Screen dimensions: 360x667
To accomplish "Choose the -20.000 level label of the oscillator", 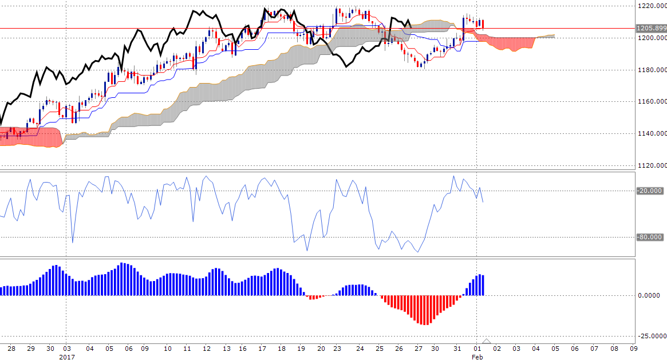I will tap(650, 191).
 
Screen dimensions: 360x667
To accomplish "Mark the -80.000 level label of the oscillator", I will tap(650, 237).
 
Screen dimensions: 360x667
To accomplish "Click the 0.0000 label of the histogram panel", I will tap(650, 295).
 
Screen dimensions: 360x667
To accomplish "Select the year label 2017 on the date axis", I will tap(66, 355).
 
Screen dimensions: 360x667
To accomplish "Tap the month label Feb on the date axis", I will tap(477, 355).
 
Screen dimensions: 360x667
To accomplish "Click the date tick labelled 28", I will tap(11, 348).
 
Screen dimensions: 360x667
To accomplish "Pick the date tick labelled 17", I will tap(262, 348).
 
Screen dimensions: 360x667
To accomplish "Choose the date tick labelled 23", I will tap(339, 348).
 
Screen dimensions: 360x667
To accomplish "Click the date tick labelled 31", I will tap(457, 348).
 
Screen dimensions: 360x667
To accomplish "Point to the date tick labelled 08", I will tap(614, 348).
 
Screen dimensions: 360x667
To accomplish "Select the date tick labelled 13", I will tap(227, 348).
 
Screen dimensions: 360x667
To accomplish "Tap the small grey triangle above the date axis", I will tap(487, 341).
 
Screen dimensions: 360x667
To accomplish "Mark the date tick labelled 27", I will tap(419, 348).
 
